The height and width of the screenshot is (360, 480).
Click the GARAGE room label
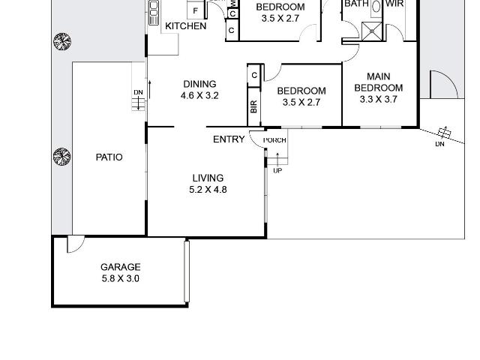[x=121, y=267]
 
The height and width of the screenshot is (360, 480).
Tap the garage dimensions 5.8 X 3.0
[x=121, y=278]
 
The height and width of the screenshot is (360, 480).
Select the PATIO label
[x=109, y=157]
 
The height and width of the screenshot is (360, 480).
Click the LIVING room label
[x=208, y=178]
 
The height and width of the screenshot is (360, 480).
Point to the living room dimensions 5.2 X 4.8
[x=208, y=190]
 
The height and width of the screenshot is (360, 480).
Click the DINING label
[x=199, y=84]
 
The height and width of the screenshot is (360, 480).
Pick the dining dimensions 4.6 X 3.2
[x=199, y=95]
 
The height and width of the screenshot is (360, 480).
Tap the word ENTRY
[x=229, y=139]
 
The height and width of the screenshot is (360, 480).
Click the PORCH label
[x=274, y=140]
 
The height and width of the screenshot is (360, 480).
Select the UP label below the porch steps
[x=277, y=170]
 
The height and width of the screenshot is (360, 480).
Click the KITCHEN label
[x=186, y=26]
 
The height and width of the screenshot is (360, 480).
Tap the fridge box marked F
[x=195, y=10]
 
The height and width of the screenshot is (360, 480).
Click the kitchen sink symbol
[x=154, y=12]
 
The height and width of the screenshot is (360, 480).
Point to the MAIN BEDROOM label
[x=378, y=82]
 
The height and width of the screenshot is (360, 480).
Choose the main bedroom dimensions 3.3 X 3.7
[x=378, y=99]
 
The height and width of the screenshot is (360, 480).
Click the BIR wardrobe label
[x=253, y=106]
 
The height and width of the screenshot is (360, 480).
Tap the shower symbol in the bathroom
[x=372, y=31]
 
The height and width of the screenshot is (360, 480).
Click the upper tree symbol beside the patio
[x=62, y=42]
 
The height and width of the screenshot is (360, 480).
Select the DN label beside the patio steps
[x=138, y=92]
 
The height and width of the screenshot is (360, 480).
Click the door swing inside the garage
[x=76, y=244]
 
